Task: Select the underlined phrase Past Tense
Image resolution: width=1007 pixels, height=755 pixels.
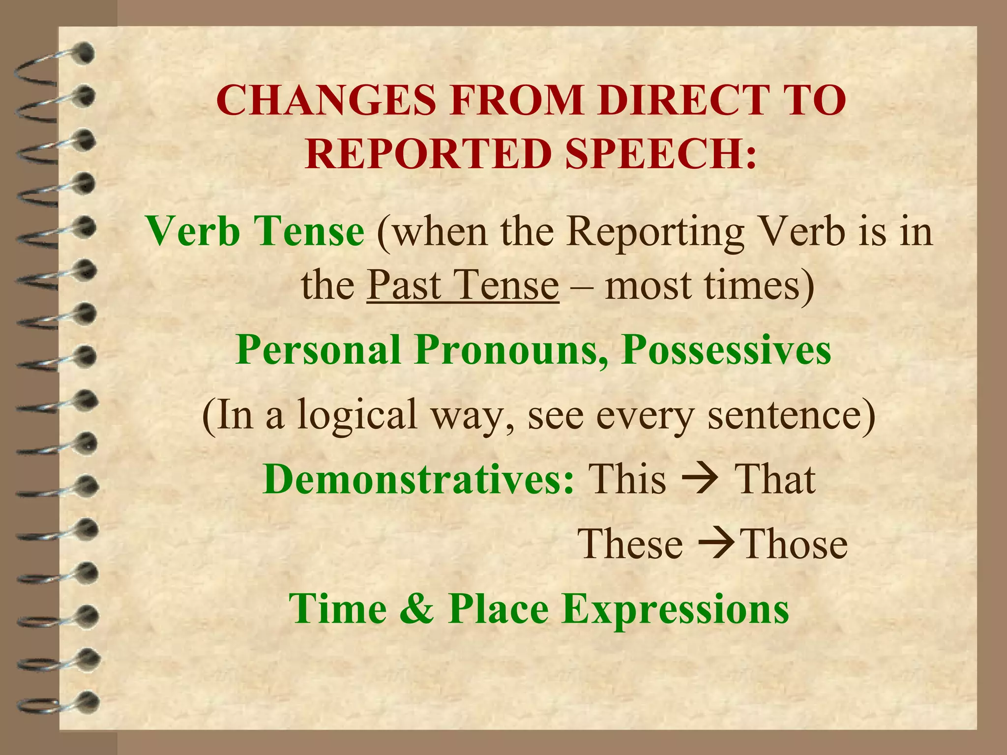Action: point(463,285)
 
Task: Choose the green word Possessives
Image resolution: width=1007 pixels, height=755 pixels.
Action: point(726,350)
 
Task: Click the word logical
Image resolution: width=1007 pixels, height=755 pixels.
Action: point(357,414)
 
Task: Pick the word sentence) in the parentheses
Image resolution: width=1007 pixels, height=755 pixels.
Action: point(791,414)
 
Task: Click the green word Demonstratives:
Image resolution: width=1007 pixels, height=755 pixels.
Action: point(418,479)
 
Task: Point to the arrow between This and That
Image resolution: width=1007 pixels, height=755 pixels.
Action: point(700,479)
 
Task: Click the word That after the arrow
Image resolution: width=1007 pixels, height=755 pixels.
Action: point(774,479)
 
